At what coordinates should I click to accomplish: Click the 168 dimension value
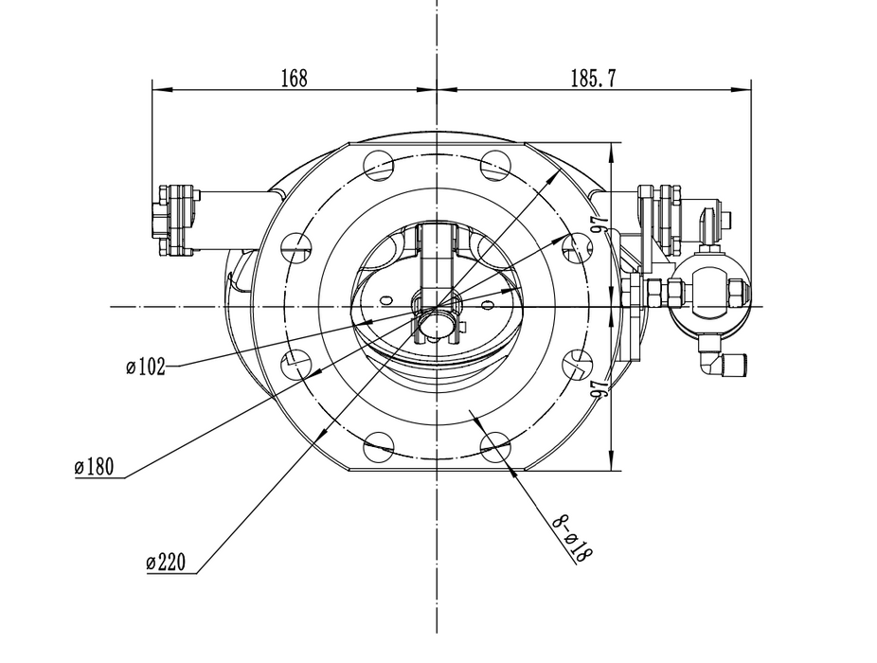pos(295,79)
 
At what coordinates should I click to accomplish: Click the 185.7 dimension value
pos(594,79)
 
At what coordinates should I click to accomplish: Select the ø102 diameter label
pos(146,367)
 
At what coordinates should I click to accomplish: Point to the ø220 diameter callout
pos(170,563)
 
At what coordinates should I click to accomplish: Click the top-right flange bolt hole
pos(495,165)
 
